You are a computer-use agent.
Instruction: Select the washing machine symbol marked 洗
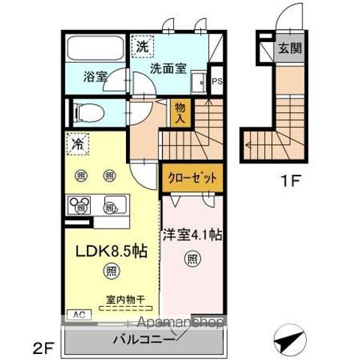[x=142, y=46]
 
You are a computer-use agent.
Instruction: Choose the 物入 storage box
[x=180, y=112]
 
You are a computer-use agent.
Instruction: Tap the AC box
[x=77, y=316]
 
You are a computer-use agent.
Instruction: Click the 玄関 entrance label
[x=290, y=49]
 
